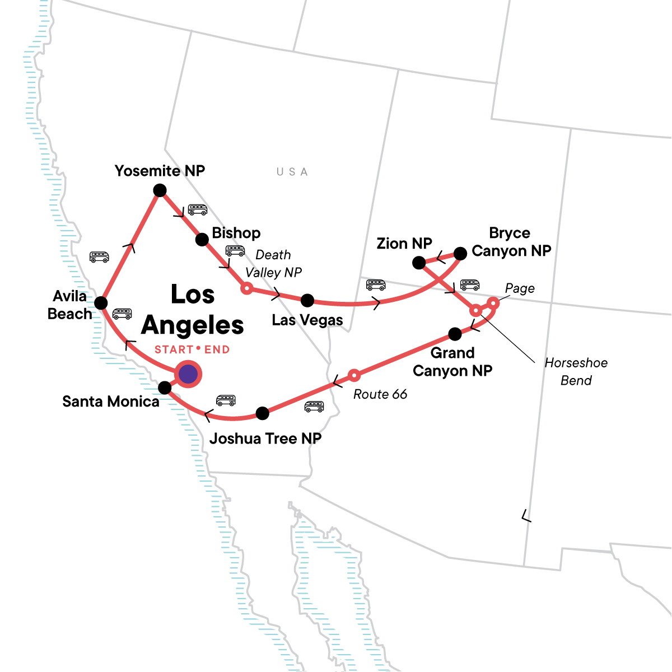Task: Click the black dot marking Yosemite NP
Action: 160,190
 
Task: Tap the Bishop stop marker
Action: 202,240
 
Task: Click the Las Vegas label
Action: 307,320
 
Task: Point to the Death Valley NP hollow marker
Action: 246,288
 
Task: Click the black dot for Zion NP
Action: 419,263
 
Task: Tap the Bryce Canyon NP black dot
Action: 460,254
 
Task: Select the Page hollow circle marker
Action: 493,304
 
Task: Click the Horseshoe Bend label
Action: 576,371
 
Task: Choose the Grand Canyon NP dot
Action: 455,334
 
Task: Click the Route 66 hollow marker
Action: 354,374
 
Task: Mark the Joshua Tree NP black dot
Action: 262,413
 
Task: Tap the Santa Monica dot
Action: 165,388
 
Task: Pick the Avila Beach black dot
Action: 101,303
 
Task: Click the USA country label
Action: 292,172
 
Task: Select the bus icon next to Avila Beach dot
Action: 122,314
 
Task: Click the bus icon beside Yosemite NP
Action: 198,209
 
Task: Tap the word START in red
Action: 174,350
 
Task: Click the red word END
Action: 217,350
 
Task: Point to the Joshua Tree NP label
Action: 265,438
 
